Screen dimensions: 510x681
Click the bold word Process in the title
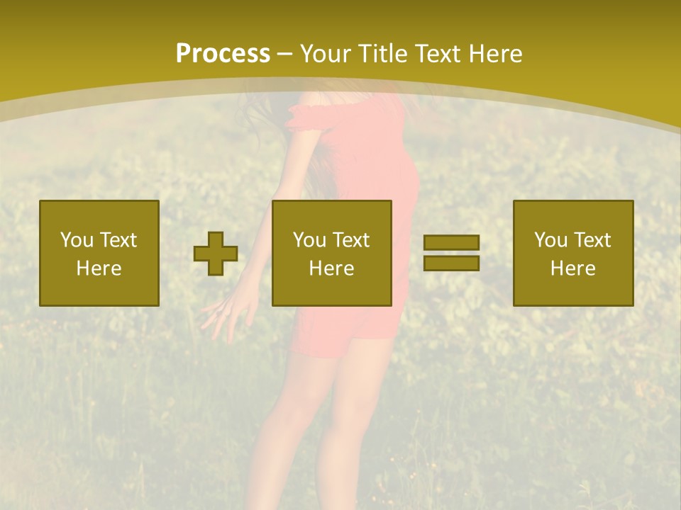[223, 54]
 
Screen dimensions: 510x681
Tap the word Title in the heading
[382, 54]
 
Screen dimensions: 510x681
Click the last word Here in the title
[497, 54]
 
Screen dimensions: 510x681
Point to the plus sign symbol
[216, 254]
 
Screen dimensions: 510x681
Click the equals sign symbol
[451, 253]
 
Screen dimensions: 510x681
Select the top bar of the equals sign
[451, 243]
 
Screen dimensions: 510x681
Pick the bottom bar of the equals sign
[451, 263]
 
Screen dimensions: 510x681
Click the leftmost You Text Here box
[99, 253]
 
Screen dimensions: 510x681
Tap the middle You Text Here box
[332, 253]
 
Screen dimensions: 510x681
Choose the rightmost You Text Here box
[573, 253]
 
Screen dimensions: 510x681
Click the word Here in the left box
[99, 268]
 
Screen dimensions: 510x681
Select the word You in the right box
[550, 240]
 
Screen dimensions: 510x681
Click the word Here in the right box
[573, 268]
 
